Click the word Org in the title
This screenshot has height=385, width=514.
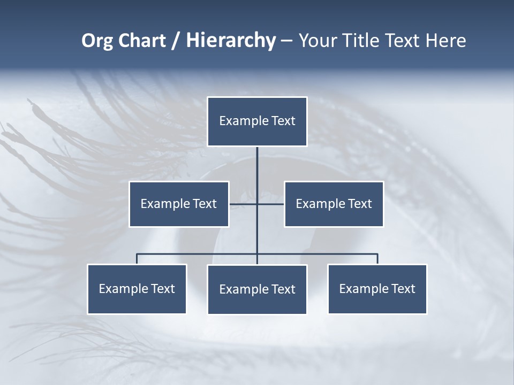(x=97, y=41)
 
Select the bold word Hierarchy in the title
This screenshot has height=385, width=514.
(x=231, y=41)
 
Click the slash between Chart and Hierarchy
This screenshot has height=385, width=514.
(x=176, y=41)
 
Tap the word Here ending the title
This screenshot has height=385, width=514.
(x=445, y=41)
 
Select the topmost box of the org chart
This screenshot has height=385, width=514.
(x=257, y=121)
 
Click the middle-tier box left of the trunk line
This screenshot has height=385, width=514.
(x=179, y=204)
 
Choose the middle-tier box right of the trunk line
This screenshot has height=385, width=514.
(x=334, y=204)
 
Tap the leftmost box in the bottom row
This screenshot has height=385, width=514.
(x=137, y=289)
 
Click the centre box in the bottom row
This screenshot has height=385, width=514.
(x=257, y=289)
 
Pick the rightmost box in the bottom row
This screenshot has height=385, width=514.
(x=377, y=289)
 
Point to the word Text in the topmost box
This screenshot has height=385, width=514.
(x=283, y=121)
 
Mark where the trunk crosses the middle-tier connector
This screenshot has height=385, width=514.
(x=257, y=204)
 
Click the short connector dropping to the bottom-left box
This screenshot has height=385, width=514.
(x=137, y=259)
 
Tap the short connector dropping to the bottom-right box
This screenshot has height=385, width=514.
(x=377, y=259)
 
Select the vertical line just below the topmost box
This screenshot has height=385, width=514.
(x=257, y=160)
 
